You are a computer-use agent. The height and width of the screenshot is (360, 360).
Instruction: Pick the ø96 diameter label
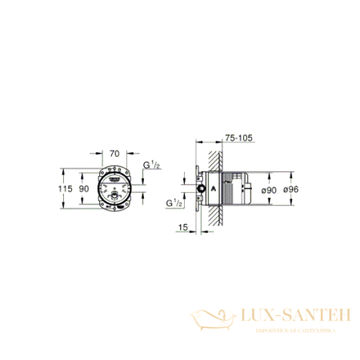290,189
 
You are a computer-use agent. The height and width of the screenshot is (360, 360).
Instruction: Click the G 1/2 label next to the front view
150,166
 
